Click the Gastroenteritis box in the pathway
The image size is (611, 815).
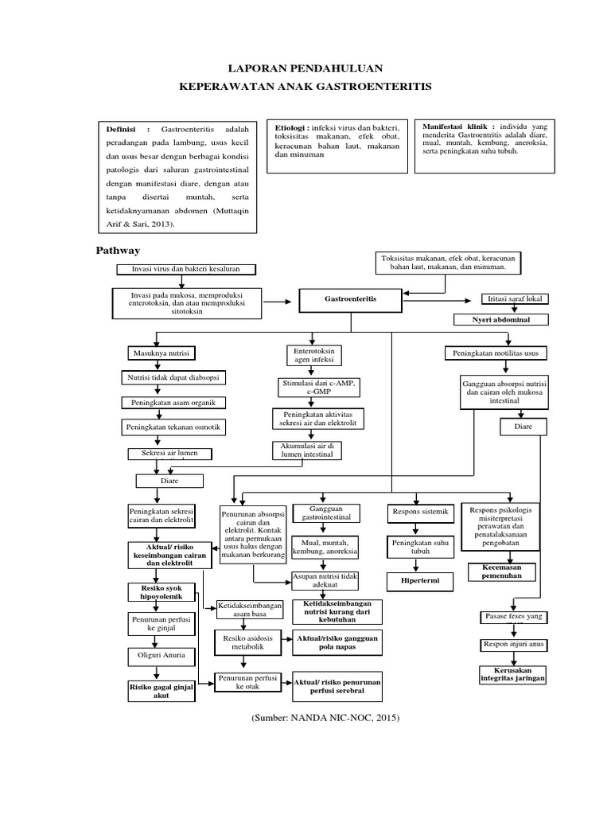coord(350,300)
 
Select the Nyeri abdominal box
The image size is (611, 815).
coord(502,319)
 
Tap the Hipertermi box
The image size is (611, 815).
coord(420,582)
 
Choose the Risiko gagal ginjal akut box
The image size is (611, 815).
coord(162,689)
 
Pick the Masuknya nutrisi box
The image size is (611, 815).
coord(160,353)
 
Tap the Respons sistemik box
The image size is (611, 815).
coord(419,511)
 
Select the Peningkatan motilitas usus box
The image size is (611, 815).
coord(501,353)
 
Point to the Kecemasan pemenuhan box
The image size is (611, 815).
coord(500,571)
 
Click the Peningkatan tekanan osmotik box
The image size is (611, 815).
coord(173,428)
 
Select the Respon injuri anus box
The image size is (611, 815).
coord(512,643)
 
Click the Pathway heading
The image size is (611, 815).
coord(118,250)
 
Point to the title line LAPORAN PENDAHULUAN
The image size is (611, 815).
coord(305,69)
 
